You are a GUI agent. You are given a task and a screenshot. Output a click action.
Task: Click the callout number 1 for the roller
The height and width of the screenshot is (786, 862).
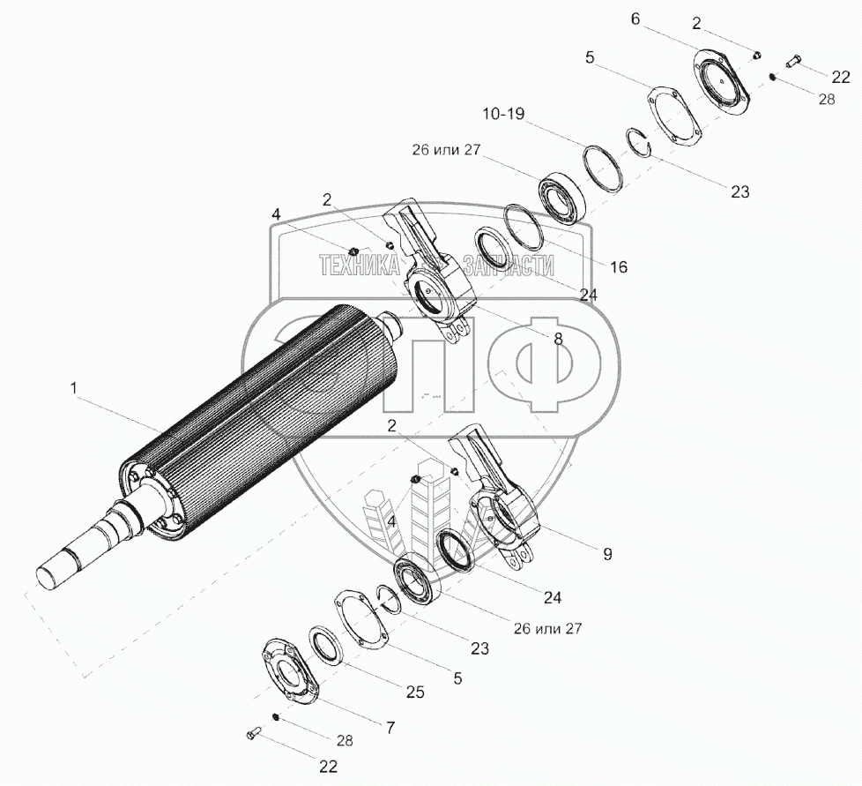(74, 389)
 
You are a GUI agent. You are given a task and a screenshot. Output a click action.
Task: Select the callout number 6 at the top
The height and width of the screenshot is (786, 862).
(635, 19)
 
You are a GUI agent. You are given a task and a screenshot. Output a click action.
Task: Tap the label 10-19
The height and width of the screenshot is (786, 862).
(504, 115)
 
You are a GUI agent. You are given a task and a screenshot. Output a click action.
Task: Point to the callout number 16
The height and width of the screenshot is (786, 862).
(619, 266)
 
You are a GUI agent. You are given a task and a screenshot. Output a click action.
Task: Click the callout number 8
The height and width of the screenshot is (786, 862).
(559, 340)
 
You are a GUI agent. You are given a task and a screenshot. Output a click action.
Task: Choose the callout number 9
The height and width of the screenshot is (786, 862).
(607, 554)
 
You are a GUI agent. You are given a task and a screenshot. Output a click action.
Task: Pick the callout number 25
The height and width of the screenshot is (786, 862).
(416, 692)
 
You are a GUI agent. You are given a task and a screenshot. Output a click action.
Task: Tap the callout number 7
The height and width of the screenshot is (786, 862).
(390, 729)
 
